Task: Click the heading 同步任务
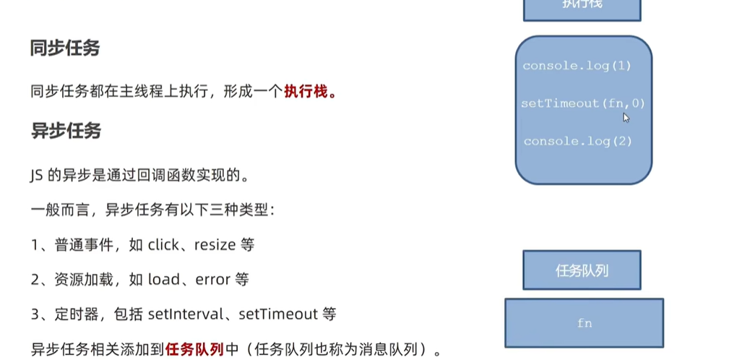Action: (65, 48)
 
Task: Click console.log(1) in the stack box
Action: (577, 66)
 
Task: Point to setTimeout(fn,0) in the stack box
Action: (582, 103)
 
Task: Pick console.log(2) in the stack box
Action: (577, 141)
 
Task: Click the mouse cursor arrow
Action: (626, 118)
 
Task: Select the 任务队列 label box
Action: (582, 270)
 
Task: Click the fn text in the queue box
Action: (584, 323)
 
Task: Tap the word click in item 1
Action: (163, 245)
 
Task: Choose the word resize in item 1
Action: (215, 245)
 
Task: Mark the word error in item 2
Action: (212, 280)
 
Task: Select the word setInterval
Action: (183, 314)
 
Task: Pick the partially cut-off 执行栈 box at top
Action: (582, 7)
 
